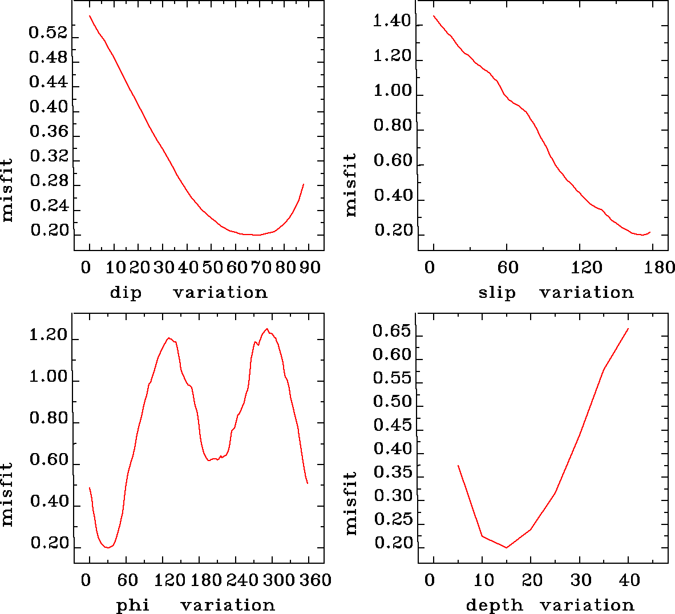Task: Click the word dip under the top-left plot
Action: click(x=125, y=293)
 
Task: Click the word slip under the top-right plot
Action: click(x=496, y=293)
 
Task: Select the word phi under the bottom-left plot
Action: click(x=132, y=605)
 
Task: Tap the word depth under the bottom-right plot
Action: click(x=494, y=605)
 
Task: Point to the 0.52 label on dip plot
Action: click(x=48, y=33)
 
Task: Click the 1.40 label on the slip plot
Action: click(x=392, y=22)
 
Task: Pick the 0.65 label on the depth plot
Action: click(x=392, y=331)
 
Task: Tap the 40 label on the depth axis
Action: click(x=629, y=581)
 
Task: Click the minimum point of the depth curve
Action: click(x=506, y=548)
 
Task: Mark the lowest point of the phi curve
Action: click(x=107, y=548)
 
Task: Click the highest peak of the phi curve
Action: click(x=266, y=329)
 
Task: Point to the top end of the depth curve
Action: click(x=628, y=329)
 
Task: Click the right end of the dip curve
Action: click(x=304, y=184)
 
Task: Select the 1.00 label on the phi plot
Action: click(x=48, y=377)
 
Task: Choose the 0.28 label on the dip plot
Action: click(x=48, y=181)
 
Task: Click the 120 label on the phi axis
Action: click(x=169, y=581)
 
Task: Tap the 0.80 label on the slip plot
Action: click(x=393, y=126)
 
